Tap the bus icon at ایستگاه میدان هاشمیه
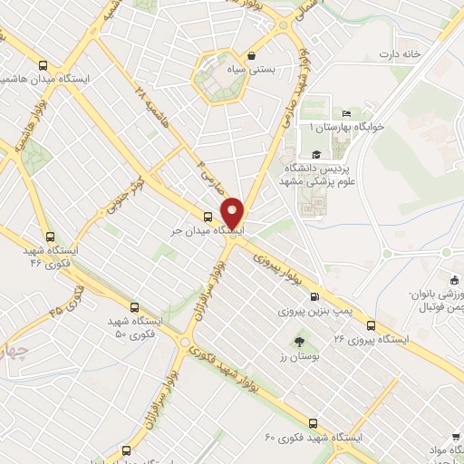[43, 64]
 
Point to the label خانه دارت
[401, 54]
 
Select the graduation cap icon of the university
[314, 153]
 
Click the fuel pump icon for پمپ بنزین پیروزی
[314, 296]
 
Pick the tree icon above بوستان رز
[299, 342]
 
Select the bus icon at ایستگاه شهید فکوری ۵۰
[135, 307]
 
